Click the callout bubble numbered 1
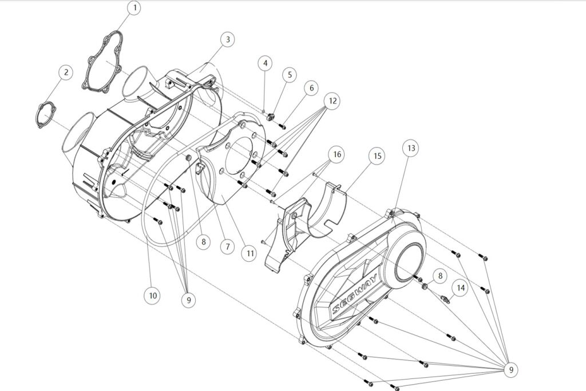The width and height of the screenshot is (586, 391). coord(135,9)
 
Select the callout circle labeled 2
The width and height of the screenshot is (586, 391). coord(66,73)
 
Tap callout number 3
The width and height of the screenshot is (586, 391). coord(228,39)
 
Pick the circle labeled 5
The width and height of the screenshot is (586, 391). coord(290,74)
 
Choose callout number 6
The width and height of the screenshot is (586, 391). coord(311,88)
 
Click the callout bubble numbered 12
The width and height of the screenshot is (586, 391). coord(331,101)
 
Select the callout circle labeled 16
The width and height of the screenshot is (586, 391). coord(336,155)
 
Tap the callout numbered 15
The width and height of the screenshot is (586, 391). coord(377,155)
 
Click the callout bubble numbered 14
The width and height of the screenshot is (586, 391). coord(461,288)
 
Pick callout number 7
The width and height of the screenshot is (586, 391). coord(227,247)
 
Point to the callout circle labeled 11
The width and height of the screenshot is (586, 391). coord(248,253)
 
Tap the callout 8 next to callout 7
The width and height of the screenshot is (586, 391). coord(203,242)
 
